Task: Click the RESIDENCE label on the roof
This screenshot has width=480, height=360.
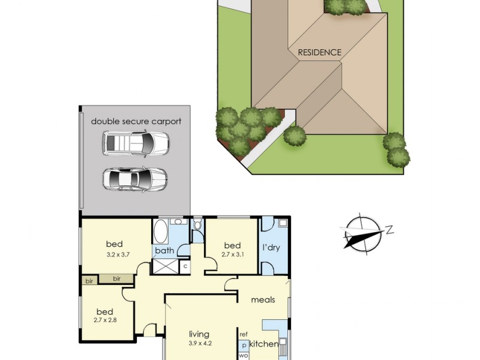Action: pyautogui.click(x=320, y=52)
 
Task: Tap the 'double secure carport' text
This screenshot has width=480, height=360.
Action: pyautogui.click(x=136, y=121)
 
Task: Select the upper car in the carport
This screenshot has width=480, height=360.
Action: pyautogui.click(x=136, y=143)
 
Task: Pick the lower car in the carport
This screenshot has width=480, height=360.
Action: pyautogui.click(x=134, y=179)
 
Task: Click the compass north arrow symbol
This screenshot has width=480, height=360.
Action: pyautogui.click(x=364, y=234)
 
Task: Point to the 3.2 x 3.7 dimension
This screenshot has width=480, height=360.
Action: pyautogui.click(x=118, y=254)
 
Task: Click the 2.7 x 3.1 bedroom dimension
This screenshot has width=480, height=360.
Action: pyautogui.click(x=232, y=254)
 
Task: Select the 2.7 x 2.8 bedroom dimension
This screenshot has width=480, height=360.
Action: pyautogui.click(x=105, y=320)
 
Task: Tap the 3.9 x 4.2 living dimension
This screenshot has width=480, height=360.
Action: pyautogui.click(x=200, y=343)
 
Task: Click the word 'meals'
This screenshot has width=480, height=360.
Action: pyautogui.click(x=263, y=299)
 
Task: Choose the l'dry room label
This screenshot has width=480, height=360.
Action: pyautogui.click(x=271, y=247)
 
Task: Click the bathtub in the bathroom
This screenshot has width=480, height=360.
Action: pyautogui.click(x=160, y=231)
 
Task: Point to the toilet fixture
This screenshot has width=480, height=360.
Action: pyautogui.click(x=198, y=224)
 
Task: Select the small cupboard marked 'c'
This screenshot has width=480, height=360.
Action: pyautogui.click(x=185, y=266)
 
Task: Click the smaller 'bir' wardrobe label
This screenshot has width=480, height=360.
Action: pyautogui.click(x=89, y=281)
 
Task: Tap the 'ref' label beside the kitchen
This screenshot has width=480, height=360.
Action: pyautogui.click(x=244, y=335)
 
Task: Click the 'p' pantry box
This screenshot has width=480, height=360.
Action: pyautogui.click(x=244, y=346)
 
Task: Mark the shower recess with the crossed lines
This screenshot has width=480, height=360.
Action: pyautogui.click(x=166, y=266)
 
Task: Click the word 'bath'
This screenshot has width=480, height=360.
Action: pyautogui.click(x=164, y=251)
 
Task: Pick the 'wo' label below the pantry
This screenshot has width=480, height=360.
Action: pyautogui.click(x=244, y=356)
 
